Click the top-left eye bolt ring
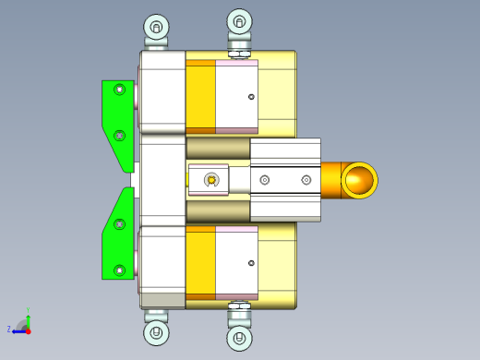tap(157, 26)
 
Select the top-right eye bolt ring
tap(239, 21)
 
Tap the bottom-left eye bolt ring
tap(157, 332)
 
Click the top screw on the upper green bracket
tap(118, 90)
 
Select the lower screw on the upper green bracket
tap(118, 136)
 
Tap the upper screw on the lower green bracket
tap(118, 223)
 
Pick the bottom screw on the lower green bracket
tap(118, 270)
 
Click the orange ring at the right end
tap(359, 180)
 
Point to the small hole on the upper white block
tap(251, 97)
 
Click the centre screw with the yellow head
tap(211, 179)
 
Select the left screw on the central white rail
tap(265, 179)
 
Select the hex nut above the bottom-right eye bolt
tap(239, 306)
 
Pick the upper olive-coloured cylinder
tap(218, 148)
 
